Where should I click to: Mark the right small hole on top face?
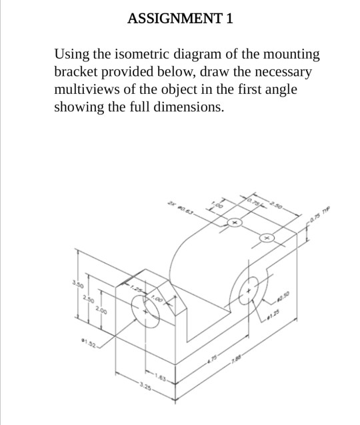[267, 237]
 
